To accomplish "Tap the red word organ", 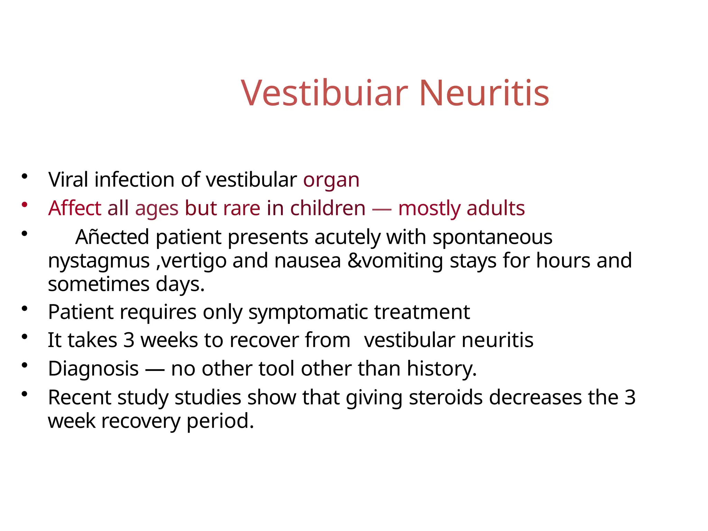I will tap(331, 180).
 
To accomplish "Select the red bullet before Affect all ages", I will tap(24, 205).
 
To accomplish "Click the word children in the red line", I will tap(327, 208).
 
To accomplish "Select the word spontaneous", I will tap(492, 238).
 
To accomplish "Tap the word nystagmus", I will tap(99, 261).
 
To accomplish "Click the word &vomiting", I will tap(395, 261).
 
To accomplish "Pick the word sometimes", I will tap(99, 284).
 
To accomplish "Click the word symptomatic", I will tap(308, 313).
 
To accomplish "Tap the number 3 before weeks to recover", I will tap(129, 340).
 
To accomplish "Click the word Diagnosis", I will tap(93, 369).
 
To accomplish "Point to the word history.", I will tap(441, 369).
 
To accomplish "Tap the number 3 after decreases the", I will tap(630, 398).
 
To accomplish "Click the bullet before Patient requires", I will tap(24, 308).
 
